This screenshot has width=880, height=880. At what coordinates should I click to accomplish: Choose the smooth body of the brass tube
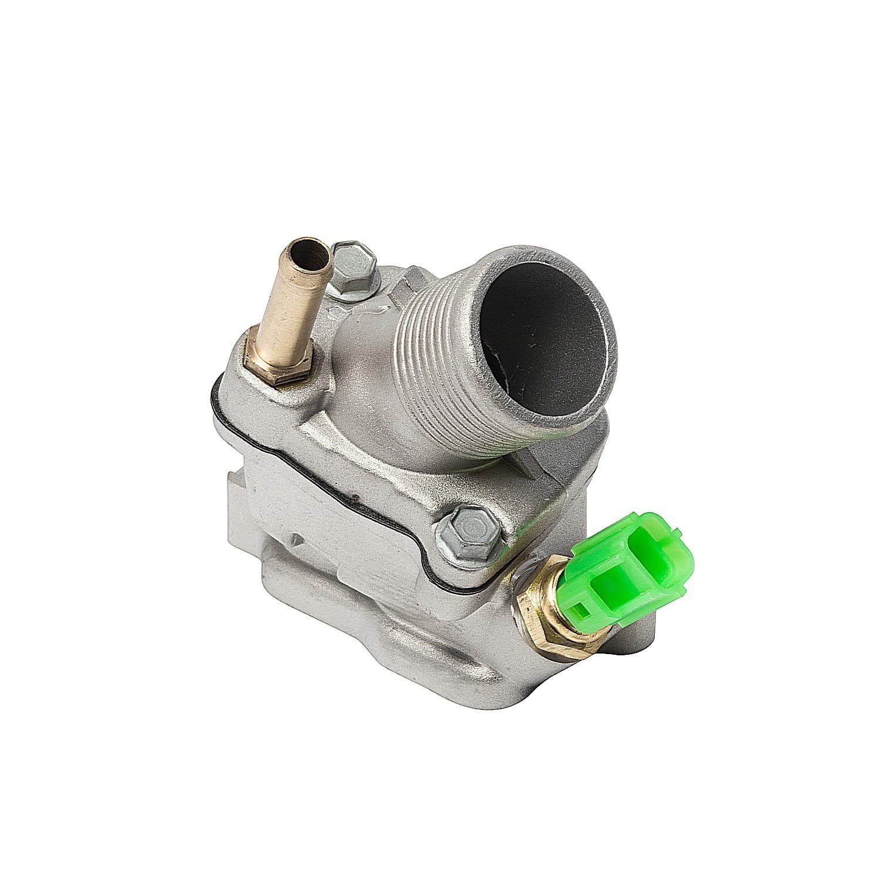click(287, 311)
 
